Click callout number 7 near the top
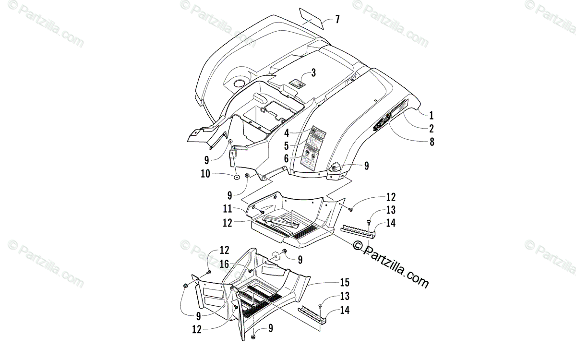337,19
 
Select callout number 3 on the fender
313,73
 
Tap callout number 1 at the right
431,115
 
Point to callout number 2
431,128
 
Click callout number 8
431,142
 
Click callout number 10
205,174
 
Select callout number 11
228,209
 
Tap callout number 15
358,283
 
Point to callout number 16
225,264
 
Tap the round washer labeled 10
237,177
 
